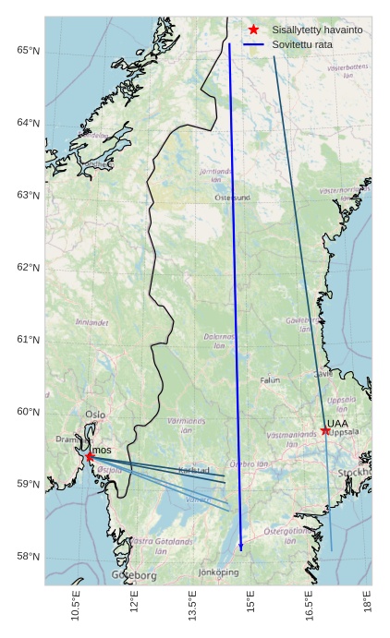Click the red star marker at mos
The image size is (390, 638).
pos(90,456)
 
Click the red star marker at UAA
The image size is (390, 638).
pos(325,430)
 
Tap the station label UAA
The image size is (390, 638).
pos(338,424)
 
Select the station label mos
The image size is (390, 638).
pos(102,450)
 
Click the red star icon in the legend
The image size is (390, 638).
pos(254,30)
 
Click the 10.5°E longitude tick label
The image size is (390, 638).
pos(76,608)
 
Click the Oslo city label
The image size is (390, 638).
pos(95,415)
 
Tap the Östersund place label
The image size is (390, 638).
pos(233,198)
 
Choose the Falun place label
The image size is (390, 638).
pos(270,379)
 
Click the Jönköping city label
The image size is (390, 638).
pos(219,572)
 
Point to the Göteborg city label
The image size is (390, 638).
pos(134,575)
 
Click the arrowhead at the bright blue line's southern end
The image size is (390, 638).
pos(241,548)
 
